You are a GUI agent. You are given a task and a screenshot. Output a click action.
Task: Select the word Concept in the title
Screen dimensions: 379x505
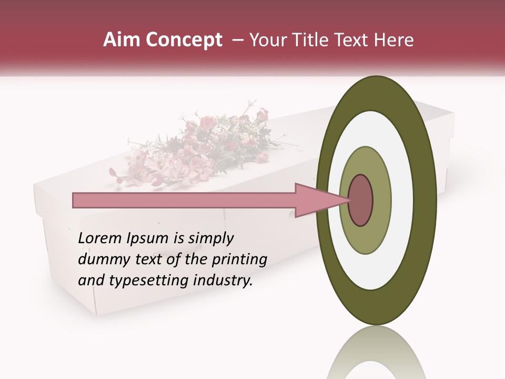pyautogui.click(x=184, y=40)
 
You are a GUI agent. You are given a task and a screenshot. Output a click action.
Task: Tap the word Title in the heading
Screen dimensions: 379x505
pyautogui.click(x=325, y=40)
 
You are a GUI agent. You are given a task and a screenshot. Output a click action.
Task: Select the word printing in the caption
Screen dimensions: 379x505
pyautogui.click(x=239, y=260)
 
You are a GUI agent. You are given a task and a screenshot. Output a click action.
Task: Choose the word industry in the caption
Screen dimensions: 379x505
pyautogui.click(x=226, y=281)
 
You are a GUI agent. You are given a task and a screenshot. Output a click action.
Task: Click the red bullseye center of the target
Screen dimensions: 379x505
pyautogui.click(x=361, y=200)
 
